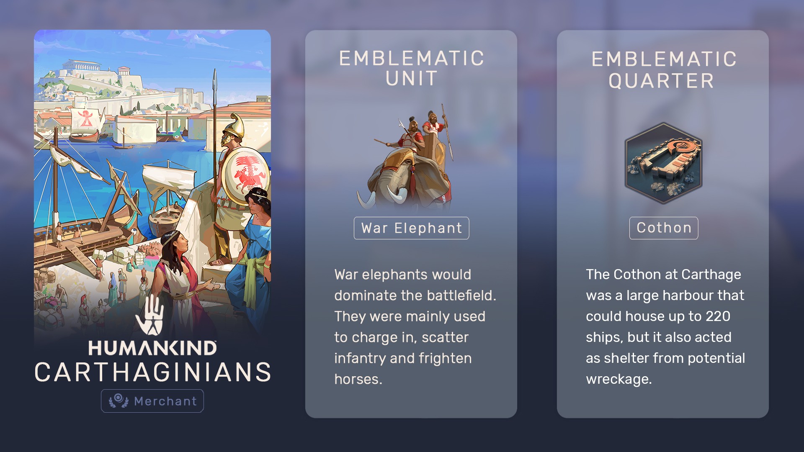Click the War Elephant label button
411,228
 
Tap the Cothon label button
664,228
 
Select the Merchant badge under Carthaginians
152,401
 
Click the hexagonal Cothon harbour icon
663,163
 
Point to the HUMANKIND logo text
152,348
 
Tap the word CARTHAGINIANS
153,372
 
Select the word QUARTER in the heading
661,81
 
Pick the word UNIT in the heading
412,79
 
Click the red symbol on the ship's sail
85,118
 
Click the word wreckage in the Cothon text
618,379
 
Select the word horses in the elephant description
358,379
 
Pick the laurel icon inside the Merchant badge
119,401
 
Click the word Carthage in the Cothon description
711,275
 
